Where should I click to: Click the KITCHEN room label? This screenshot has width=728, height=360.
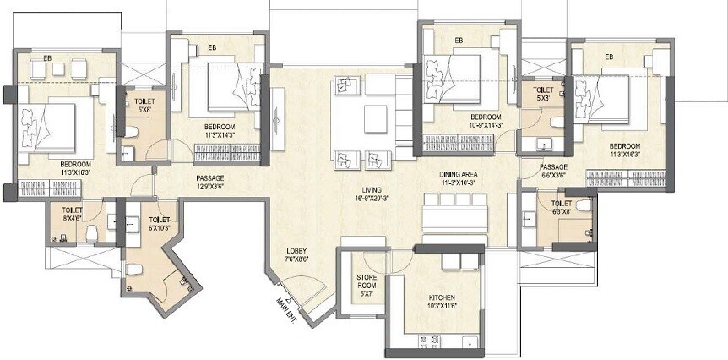442,298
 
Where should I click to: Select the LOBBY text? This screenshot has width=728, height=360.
296,251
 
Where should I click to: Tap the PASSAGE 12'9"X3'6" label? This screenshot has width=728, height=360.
209,178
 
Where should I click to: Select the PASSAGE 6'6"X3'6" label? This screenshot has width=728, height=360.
553,167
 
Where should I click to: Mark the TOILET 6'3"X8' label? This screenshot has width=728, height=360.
562,204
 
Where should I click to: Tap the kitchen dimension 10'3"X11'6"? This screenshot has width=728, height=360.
442,307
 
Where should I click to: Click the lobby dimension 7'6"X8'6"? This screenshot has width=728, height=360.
296,259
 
